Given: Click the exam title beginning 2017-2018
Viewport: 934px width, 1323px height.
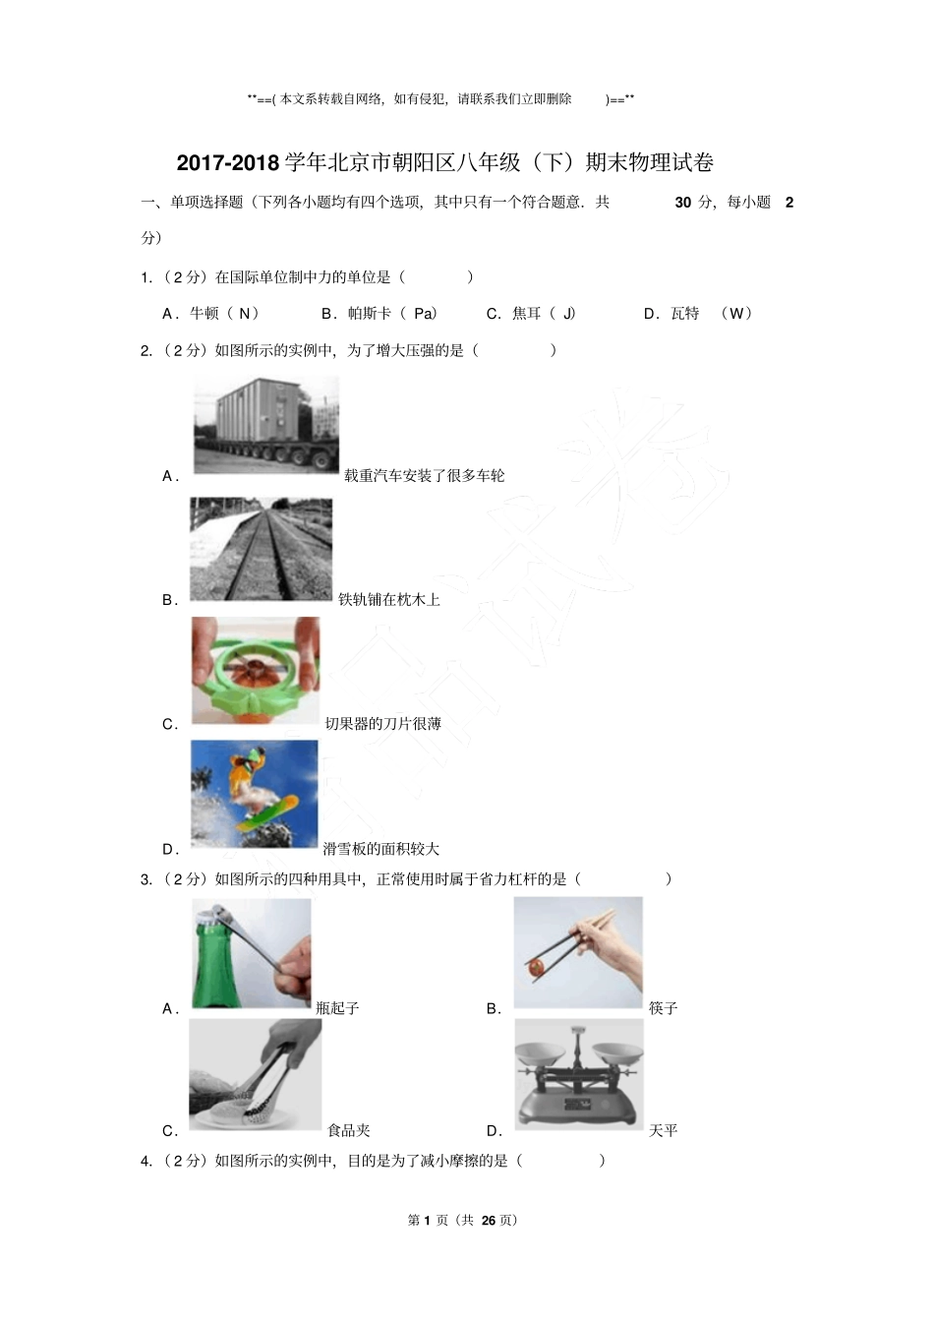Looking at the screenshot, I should click(x=444, y=162).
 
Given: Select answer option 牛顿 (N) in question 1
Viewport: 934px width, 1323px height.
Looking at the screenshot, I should click(x=211, y=314).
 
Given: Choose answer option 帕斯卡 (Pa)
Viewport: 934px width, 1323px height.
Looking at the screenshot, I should click(x=379, y=314).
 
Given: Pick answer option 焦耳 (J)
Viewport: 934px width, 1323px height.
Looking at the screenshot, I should click(x=532, y=314).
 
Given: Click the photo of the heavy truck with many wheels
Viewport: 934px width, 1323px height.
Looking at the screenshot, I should click(x=265, y=425).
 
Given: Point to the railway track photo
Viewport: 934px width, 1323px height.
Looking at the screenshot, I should click(x=261, y=549).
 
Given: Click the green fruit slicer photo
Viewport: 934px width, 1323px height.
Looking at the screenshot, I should click(x=256, y=671).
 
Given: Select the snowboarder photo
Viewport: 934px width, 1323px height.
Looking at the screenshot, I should click(x=255, y=794).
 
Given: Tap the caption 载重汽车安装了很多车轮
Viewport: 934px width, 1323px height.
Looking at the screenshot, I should click(x=424, y=476).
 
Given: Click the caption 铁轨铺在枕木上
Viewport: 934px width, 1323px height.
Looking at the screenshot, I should click(x=389, y=599).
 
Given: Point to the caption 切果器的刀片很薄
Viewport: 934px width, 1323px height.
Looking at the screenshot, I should click(x=383, y=724).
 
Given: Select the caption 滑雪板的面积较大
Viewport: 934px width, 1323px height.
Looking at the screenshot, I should click(x=381, y=849).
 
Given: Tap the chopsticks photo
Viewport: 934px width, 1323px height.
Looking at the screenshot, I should click(x=578, y=952).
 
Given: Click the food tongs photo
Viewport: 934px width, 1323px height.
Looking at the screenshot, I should click(x=255, y=1075).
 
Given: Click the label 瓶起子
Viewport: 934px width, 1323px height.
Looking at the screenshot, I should click(x=338, y=1008).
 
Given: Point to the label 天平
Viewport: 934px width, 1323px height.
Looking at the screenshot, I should click(x=664, y=1131).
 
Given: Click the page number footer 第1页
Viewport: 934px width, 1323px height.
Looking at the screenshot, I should click(x=462, y=1220).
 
